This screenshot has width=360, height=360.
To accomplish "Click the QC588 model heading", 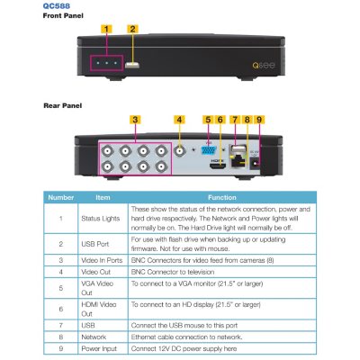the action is coord(57,5).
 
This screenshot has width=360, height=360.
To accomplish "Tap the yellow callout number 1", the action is coord(106,29).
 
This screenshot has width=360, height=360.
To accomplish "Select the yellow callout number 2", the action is coord(132,29).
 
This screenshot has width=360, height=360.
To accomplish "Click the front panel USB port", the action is coord(132,65).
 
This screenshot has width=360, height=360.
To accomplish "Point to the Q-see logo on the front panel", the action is coord(264,65).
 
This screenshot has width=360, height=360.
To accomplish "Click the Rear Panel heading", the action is coord(62,105).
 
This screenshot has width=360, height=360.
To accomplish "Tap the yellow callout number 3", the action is coord(135,120).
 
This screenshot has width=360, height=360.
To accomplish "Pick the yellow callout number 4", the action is coord(179,120).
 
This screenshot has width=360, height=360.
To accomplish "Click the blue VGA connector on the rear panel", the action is coord(209,150).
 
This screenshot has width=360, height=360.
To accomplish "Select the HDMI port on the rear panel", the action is coord(217,166).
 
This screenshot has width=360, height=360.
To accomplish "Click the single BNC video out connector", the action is coord(180,151).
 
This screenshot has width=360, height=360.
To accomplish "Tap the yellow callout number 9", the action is coord(259,120).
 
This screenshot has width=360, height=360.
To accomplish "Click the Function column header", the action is coord(222,197).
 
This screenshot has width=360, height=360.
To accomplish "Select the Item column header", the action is coord(103,197).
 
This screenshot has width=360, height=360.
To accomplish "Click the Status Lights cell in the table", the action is coord(100,219).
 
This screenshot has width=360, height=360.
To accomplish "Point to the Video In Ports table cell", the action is coord(102,260).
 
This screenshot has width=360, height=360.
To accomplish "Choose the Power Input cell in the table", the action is coord(99,348).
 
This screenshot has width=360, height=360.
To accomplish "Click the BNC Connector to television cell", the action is coord(173,272).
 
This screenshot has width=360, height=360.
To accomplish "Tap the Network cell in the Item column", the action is coord(94,337).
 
